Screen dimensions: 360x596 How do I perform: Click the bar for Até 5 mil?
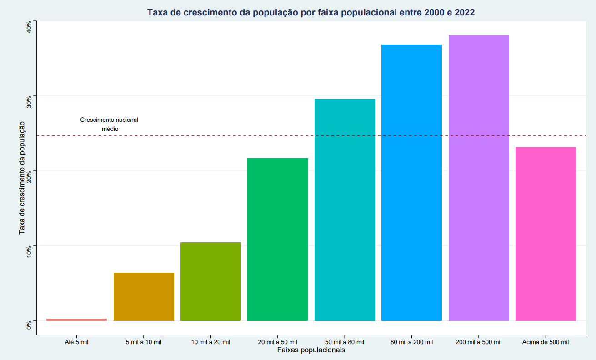[x=76, y=320]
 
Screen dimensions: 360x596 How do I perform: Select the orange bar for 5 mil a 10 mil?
[x=144, y=296]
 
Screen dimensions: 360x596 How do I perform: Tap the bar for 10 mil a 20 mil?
[x=210, y=281]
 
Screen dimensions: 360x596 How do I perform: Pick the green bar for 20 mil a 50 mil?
[x=277, y=239]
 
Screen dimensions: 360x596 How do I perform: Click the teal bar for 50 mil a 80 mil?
[x=345, y=210]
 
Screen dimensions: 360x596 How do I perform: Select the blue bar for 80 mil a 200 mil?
[x=411, y=182]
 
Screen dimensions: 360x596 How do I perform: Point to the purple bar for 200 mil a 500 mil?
[x=479, y=178]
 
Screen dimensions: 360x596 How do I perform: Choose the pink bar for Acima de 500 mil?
[x=546, y=234]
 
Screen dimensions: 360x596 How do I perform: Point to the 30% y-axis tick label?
[x=29, y=102]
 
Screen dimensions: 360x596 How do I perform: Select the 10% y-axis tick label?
[x=29, y=252]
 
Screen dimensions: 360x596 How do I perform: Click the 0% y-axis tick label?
[x=29, y=325]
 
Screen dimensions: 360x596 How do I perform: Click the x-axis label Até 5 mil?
[x=76, y=342]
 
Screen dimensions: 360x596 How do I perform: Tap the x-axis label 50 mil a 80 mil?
[x=345, y=342]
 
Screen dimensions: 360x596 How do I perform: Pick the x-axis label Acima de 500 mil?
[x=546, y=342]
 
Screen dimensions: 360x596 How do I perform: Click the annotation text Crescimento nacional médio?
[x=109, y=124]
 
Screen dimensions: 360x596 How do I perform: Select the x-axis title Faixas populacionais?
[x=311, y=350]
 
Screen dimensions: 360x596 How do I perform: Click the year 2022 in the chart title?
[x=461, y=13]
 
